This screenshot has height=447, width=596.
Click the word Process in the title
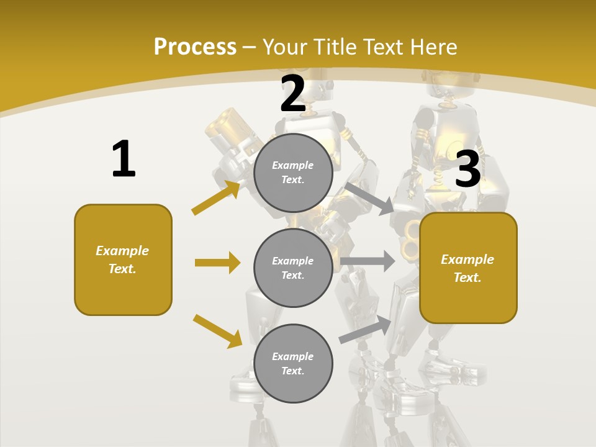pos(195,47)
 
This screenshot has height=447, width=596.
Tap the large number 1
pos(124,160)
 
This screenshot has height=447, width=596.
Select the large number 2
pos(293,94)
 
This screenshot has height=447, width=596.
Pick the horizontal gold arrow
pos(217,263)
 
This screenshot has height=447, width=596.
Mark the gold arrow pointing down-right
pos(217,331)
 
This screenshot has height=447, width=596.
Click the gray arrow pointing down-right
pos(369,198)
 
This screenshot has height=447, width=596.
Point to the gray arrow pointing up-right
pos(366,329)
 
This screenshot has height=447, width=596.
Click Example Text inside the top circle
pos(293,173)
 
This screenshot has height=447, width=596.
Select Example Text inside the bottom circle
pos(293,364)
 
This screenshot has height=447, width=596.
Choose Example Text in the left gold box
pos(122,260)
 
